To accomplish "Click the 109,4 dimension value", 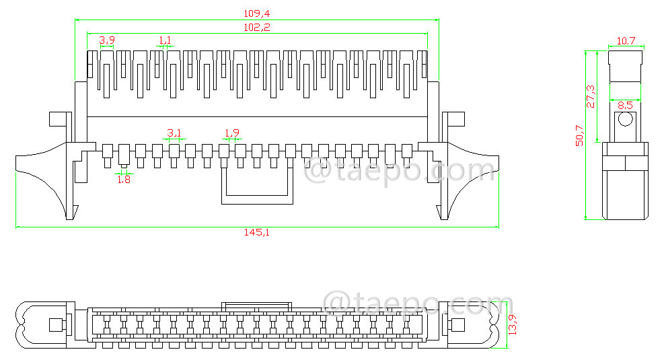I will tap(256, 13).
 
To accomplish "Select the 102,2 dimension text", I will tap(256, 27).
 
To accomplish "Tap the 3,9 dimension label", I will tap(106, 40).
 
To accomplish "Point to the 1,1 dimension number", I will tap(165, 40).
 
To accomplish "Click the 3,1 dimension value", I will tap(174, 132).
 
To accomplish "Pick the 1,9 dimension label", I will tap(231, 132).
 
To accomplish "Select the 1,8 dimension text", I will tap(124, 179).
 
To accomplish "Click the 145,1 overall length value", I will tap(256, 232).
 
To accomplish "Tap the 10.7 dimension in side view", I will tap(626, 41).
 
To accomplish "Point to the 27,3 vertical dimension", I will tap(591, 96).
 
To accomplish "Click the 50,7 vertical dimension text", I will tap(579, 135).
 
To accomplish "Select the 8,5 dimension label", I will tap(625, 105).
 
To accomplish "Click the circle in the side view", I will tap(626, 120).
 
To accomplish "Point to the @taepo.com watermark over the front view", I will tap(400, 171).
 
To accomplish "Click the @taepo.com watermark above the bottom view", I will tap(417, 304).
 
